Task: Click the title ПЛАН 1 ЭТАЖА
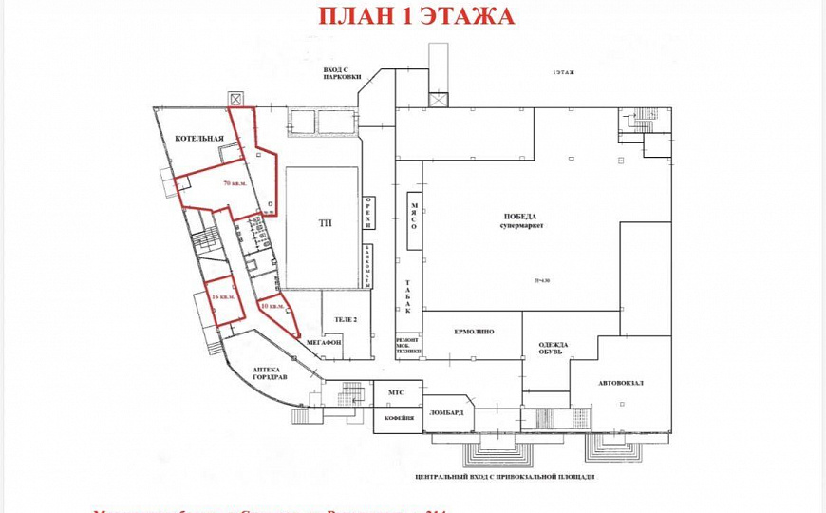click(415, 16)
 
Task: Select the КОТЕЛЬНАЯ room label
click(198, 140)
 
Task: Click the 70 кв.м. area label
click(235, 181)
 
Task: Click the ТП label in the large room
click(325, 223)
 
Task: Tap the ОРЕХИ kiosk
click(369, 212)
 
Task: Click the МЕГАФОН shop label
click(324, 341)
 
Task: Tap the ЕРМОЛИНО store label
click(472, 332)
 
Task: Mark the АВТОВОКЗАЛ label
click(621, 383)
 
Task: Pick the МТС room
click(397, 392)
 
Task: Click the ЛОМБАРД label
click(446, 412)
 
